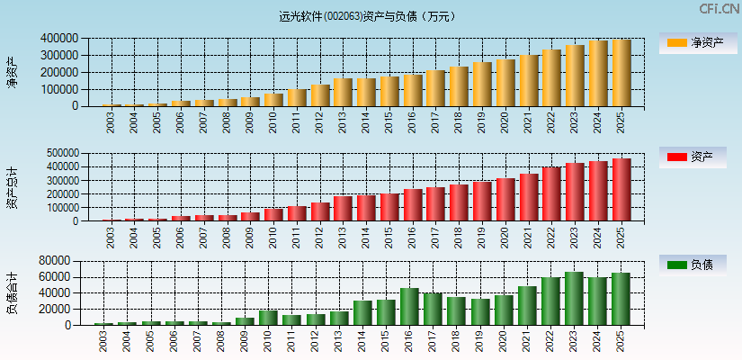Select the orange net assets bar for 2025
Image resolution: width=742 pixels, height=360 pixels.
click(x=621, y=73)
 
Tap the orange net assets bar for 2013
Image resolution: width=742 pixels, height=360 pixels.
click(x=343, y=93)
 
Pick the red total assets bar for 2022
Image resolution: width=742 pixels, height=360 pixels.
click(x=551, y=194)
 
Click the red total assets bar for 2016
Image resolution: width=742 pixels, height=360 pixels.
click(x=413, y=205)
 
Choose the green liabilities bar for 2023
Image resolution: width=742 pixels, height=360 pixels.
click(x=574, y=298)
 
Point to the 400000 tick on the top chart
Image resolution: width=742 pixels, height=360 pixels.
click(x=58, y=39)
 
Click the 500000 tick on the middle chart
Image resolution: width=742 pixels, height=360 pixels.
click(x=58, y=153)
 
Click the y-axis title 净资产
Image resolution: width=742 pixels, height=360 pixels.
click(x=12, y=72)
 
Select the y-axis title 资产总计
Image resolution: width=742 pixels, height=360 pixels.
click(x=12, y=186)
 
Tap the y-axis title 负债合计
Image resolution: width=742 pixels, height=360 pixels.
click(x=12, y=292)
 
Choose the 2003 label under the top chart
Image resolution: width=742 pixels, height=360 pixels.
click(x=111, y=122)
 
